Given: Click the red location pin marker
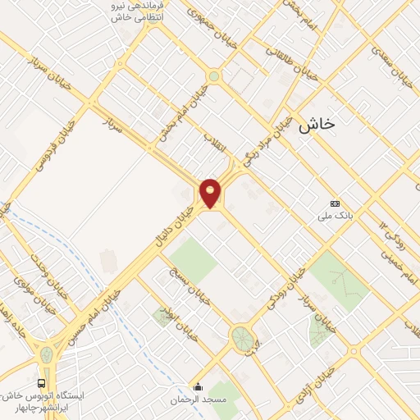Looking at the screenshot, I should [211, 193].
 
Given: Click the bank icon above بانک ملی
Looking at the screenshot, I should [334, 203].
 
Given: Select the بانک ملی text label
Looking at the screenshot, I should [334, 217].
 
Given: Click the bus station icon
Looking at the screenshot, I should [41, 383].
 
